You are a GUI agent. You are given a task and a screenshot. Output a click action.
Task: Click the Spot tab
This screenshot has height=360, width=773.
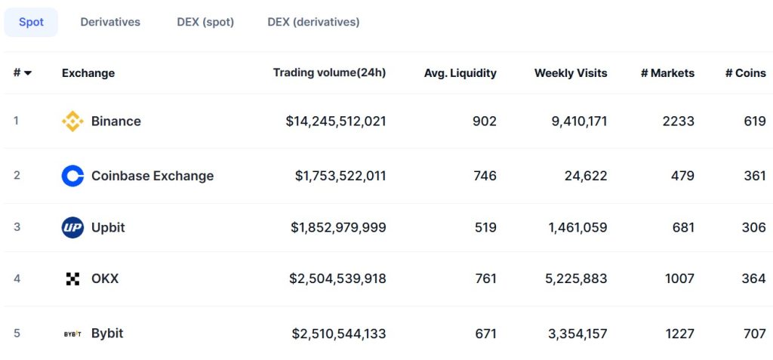pyautogui.click(x=31, y=22)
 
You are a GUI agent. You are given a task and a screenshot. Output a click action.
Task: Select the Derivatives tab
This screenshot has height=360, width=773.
pyautogui.click(x=110, y=22)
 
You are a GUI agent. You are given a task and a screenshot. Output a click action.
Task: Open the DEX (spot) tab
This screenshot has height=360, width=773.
pyautogui.click(x=205, y=22)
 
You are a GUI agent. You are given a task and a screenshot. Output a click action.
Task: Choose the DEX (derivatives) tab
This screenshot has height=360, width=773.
pyautogui.click(x=313, y=22)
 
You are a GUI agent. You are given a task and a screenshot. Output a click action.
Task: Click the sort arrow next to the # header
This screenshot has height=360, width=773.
pyautogui.click(x=28, y=73)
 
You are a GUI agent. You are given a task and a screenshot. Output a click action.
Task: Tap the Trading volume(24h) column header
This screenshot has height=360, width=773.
pyautogui.click(x=329, y=72)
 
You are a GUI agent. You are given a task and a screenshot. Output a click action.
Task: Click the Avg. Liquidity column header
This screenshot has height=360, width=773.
pyautogui.click(x=460, y=73)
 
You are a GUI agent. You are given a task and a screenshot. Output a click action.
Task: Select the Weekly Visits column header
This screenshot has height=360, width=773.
pyautogui.click(x=570, y=73)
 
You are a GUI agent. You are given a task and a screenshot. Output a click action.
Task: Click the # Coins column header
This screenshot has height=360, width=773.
pyautogui.click(x=745, y=73)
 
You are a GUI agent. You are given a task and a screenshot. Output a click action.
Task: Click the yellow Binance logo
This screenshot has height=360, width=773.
pyautogui.click(x=72, y=121)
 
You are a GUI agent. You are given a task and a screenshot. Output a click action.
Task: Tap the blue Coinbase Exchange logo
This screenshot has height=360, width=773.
pyautogui.click(x=72, y=176)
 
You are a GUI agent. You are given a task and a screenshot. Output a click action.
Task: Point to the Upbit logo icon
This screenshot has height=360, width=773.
pyautogui.click(x=72, y=227)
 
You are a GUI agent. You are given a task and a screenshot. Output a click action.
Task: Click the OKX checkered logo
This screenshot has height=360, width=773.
pyautogui.click(x=72, y=278)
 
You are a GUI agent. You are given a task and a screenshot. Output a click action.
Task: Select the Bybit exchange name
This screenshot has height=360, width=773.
pyautogui.click(x=107, y=333)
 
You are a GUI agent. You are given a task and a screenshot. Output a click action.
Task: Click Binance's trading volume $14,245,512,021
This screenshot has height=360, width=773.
pyautogui.click(x=336, y=121)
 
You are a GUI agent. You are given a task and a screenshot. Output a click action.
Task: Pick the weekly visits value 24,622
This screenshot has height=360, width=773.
pyautogui.click(x=586, y=176)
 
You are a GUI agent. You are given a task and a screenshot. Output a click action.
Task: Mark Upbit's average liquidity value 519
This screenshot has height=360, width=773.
pyautogui.click(x=485, y=227)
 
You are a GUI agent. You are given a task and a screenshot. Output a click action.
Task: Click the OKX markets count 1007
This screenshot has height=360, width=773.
pyautogui.click(x=679, y=278)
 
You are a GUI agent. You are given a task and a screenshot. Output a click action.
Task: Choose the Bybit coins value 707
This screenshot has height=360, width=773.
pyautogui.click(x=753, y=333)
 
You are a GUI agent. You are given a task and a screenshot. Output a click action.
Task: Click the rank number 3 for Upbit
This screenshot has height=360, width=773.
pyautogui.click(x=17, y=227)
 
